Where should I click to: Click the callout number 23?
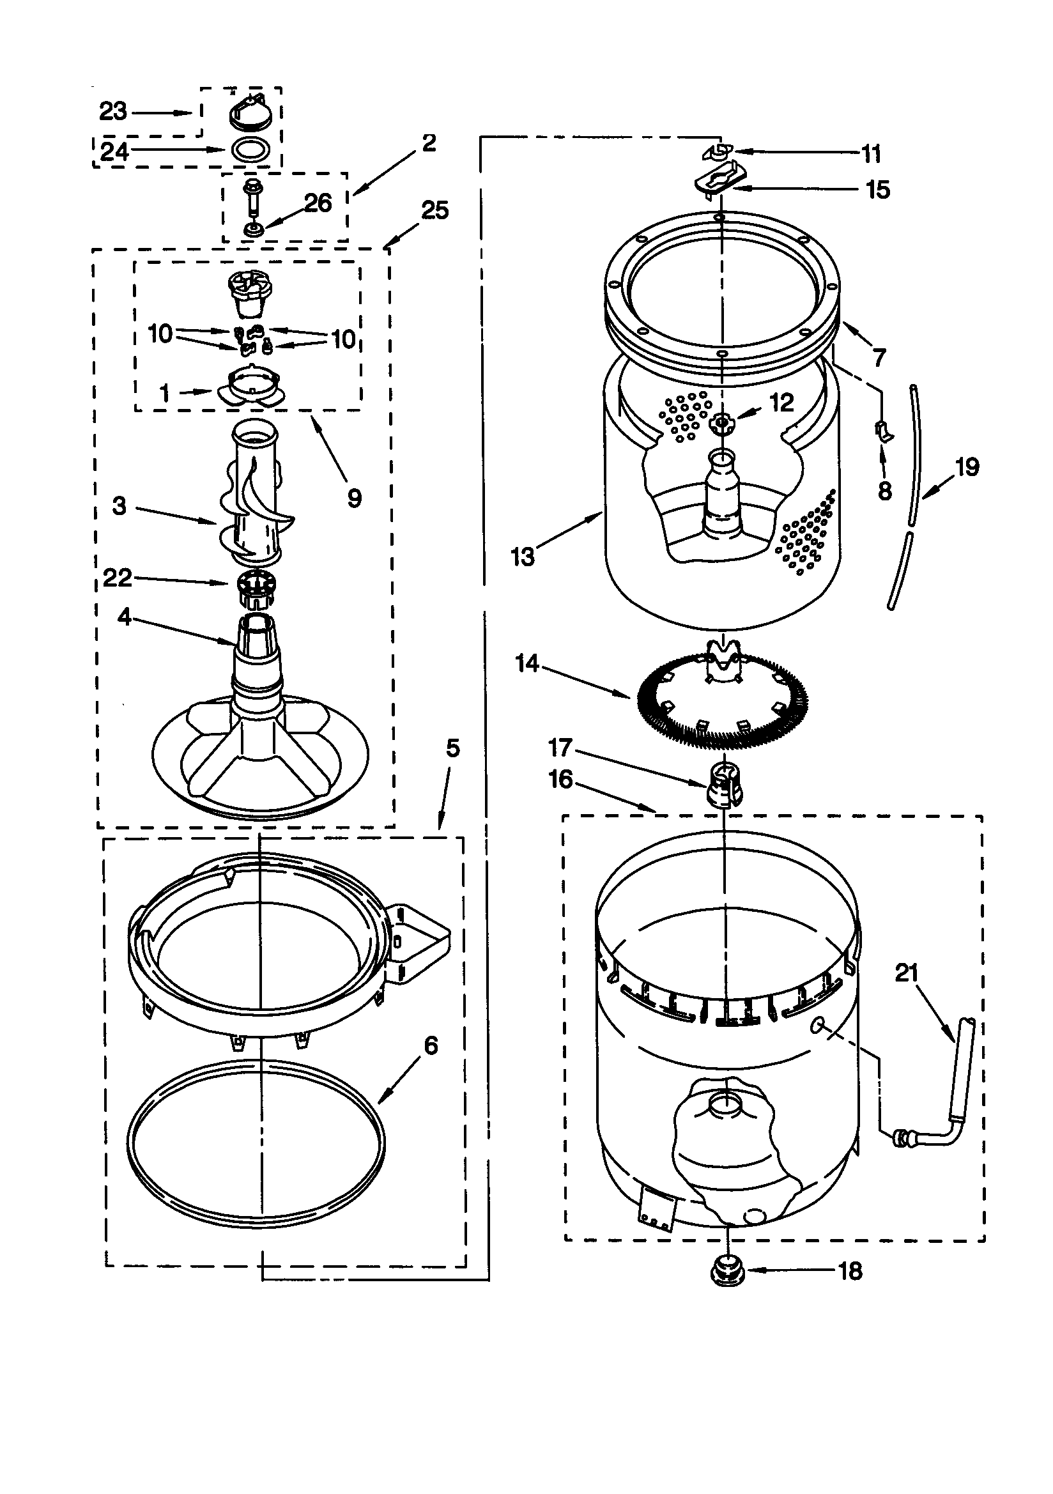(x=112, y=111)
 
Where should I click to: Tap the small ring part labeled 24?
(x=251, y=149)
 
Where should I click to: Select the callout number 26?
(x=318, y=203)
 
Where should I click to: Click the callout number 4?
(x=124, y=616)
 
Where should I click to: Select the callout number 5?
(x=452, y=748)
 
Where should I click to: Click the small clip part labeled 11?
(x=716, y=151)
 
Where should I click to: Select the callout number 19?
(x=967, y=466)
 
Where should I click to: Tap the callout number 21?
(x=907, y=973)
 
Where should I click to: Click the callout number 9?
(x=354, y=498)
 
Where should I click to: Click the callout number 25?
(x=434, y=210)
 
